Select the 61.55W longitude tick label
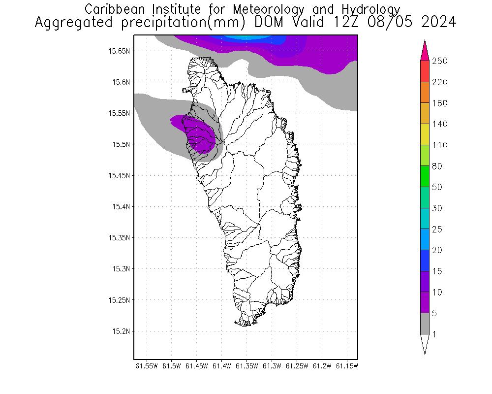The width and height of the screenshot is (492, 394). pos(146,366)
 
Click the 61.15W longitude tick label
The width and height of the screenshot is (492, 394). pos(346,366)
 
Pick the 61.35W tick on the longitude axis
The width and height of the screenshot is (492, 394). pos(246,366)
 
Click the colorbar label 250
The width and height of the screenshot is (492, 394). pos(439,61)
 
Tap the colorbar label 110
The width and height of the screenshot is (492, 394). pos(439,145)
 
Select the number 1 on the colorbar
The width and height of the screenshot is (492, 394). pos(434,334)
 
